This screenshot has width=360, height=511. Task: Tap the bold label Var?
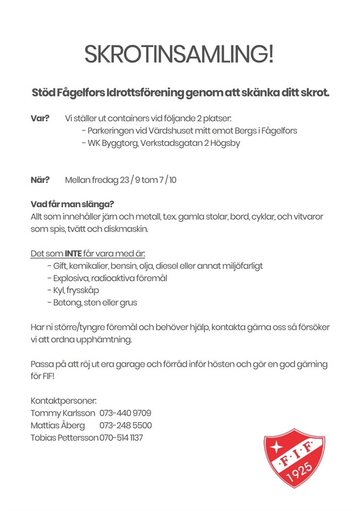[x=40, y=118]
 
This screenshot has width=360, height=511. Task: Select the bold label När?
[x=40, y=180]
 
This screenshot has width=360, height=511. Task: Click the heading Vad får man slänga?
[x=72, y=204]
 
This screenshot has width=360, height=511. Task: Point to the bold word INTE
[x=73, y=253]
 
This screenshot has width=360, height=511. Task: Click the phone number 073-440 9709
[x=125, y=413]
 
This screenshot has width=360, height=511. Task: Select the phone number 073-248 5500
[x=125, y=425]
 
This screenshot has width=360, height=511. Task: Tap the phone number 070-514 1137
[x=121, y=438]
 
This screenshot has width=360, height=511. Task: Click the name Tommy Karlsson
[x=63, y=413]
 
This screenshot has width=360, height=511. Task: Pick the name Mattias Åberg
[x=58, y=425]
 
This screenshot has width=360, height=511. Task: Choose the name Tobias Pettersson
[x=64, y=438]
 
